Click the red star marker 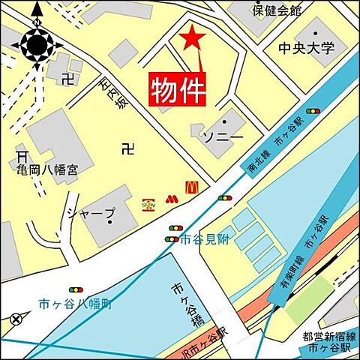(x=193, y=38)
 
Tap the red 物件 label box (x=178, y=90)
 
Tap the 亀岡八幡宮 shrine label (x=45, y=171)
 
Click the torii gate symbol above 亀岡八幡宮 (x=21, y=157)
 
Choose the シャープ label (x=92, y=214)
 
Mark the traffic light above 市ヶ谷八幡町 (x=76, y=289)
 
